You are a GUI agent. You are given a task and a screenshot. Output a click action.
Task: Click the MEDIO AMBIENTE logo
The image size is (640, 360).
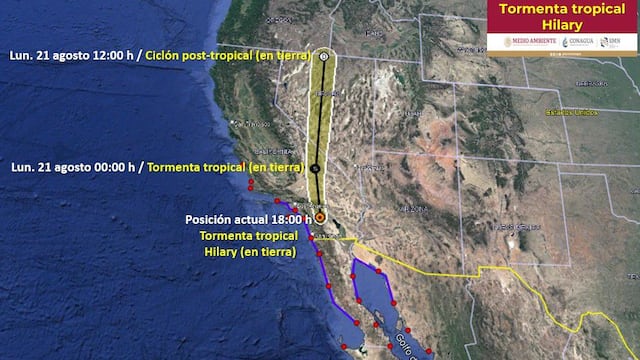coord(509,42)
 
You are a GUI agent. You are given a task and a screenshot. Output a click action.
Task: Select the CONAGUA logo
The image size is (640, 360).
coord(577,42)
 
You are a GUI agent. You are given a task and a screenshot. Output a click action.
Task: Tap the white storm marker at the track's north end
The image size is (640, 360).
coord(325,57)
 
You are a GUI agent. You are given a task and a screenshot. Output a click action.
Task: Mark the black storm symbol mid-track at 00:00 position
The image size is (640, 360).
coord(316,168)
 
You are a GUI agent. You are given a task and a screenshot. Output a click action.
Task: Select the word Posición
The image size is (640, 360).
coord(208,220)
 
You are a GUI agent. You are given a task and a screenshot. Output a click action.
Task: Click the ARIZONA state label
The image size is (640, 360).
coord(412,209)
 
